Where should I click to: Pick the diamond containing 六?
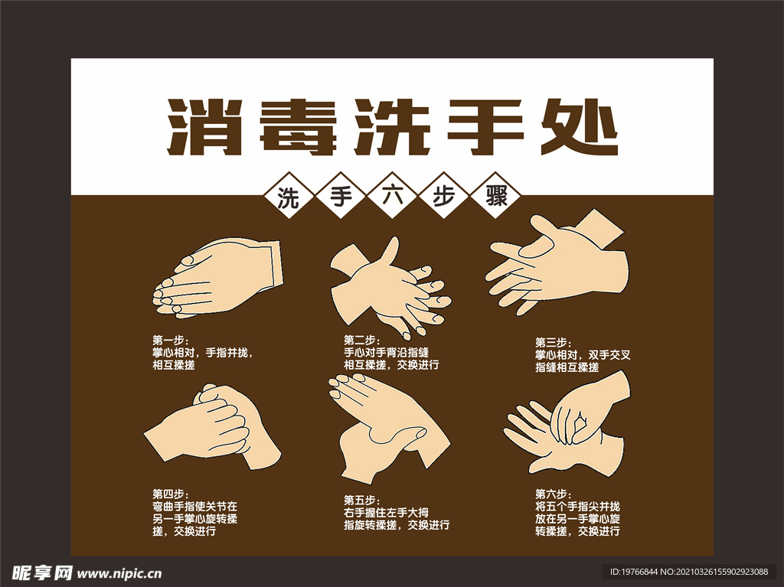[391, 197]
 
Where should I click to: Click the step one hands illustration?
[218, 278]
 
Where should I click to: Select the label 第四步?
[169, 494]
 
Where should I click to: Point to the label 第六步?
[552, 494]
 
